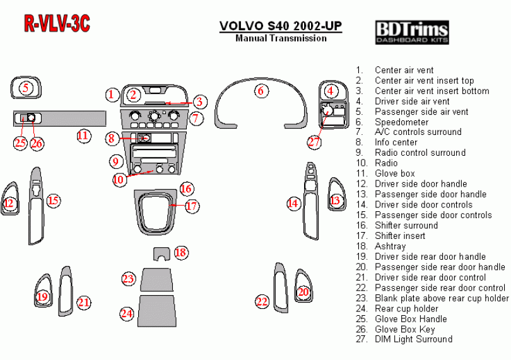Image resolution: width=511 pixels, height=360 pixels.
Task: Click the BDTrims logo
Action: coord(412,32)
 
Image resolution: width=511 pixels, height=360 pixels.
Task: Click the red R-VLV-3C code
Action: coord(57,23)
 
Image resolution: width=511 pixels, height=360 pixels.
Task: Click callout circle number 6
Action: coord(260,91)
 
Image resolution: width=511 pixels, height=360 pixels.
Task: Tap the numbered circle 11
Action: coord(83,135)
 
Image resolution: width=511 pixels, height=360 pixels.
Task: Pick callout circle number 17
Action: coord(192,206)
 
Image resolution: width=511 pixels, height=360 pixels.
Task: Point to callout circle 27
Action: coord(314,142)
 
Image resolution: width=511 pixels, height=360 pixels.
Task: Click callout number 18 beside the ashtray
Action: coord(181,253)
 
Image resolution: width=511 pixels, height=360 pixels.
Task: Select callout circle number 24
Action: coord(127,313)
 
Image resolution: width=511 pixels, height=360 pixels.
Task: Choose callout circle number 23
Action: coord(129,278)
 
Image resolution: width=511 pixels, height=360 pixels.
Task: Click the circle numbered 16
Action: coord(185,189)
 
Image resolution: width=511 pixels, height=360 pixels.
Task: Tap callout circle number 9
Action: coord(115,161)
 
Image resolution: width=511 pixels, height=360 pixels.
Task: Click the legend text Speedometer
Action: coord(401,122)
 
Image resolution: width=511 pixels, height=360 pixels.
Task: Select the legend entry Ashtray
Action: coord(390,247)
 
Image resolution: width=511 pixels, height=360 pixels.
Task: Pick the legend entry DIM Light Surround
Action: coord(413,339)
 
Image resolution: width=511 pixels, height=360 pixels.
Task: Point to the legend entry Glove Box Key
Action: coord(406,329)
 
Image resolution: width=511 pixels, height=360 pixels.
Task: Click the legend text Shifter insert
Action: coord(400,236)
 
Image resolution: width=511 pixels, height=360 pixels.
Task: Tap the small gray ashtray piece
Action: coord(162,253)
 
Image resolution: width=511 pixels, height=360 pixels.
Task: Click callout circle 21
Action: coord(83,303)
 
